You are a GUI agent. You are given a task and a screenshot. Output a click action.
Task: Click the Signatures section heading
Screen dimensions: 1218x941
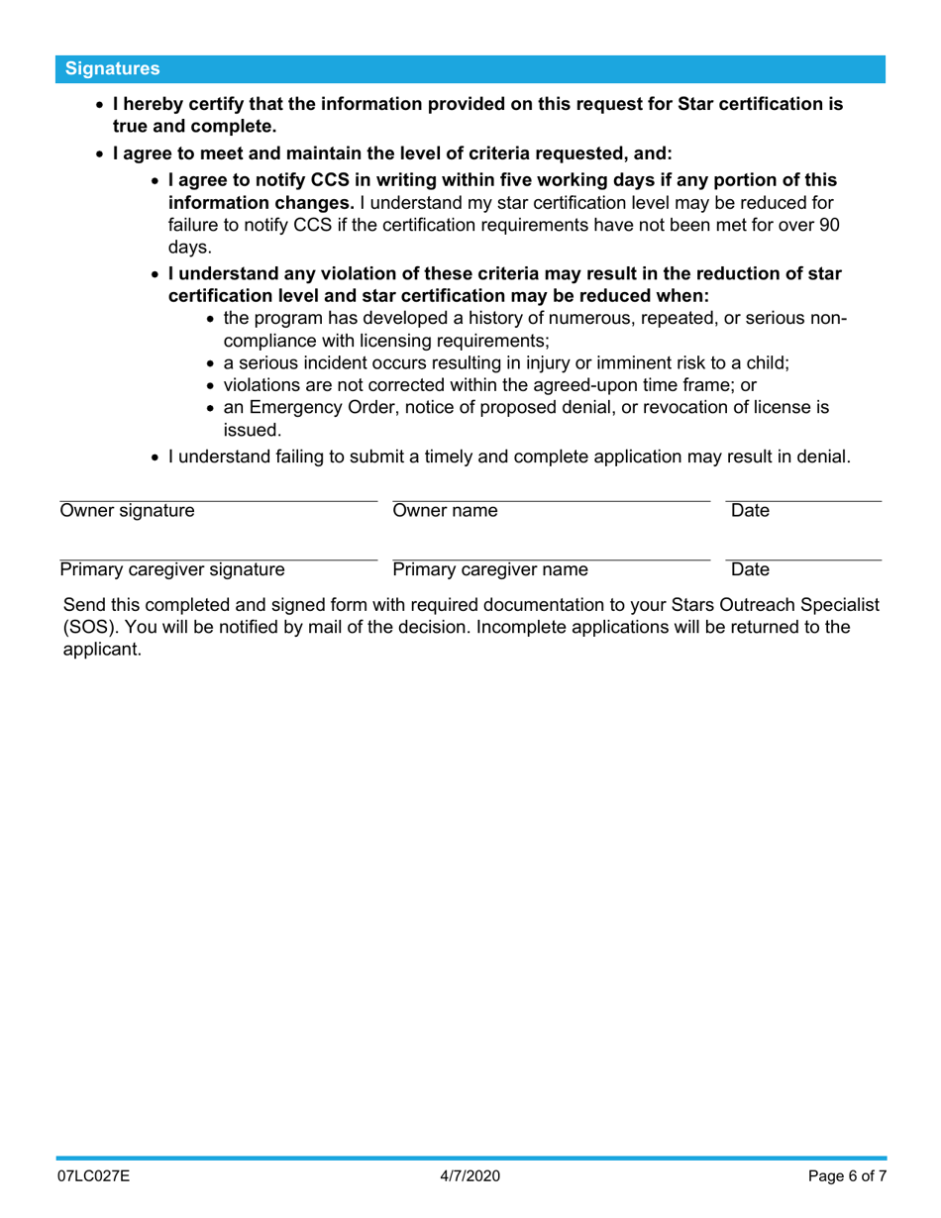coord(112,69)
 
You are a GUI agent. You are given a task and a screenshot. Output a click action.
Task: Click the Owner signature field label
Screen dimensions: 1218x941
coord(127,511)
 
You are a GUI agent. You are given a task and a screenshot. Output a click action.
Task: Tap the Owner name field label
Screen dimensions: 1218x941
coord(446,511)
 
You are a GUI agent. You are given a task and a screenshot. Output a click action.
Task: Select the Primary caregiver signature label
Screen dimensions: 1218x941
coord(172,569)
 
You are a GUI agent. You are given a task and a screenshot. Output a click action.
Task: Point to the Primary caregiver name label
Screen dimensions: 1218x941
coord(490,569)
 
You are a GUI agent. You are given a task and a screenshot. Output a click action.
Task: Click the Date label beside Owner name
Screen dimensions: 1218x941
coord(750,511)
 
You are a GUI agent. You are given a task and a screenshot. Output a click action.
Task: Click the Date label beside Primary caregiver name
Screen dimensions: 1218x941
coord(750,569)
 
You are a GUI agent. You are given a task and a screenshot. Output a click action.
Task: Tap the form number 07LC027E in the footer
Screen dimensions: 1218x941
coord(93,1177)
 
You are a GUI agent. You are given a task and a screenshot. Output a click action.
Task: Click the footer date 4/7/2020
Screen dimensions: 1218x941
coord(470,1177)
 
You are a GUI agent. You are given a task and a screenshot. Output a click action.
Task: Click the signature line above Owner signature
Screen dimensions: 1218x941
coord(218,500)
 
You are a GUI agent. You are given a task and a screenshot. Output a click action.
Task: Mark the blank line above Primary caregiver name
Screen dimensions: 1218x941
coord(551,559)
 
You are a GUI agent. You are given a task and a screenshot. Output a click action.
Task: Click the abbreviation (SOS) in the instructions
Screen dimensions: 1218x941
coord(85,627)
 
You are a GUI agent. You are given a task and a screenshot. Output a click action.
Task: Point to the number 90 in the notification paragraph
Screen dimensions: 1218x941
coord(829,225)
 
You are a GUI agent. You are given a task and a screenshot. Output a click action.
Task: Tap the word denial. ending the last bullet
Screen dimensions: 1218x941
coord(822,457)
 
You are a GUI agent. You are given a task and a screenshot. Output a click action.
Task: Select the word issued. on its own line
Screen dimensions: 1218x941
coord(253,430)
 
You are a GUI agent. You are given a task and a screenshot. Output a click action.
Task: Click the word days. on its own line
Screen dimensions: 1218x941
coord(189,247)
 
